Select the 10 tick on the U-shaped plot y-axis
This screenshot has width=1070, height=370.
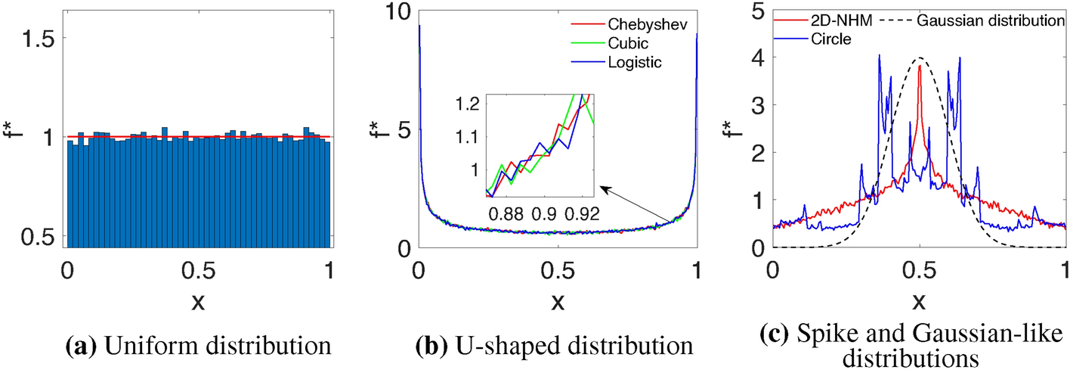point(397,11)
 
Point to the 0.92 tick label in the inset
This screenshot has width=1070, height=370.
point(580,213)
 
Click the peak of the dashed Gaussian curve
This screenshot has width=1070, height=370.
point(919,58)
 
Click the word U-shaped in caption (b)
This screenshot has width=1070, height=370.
point(489,347)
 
